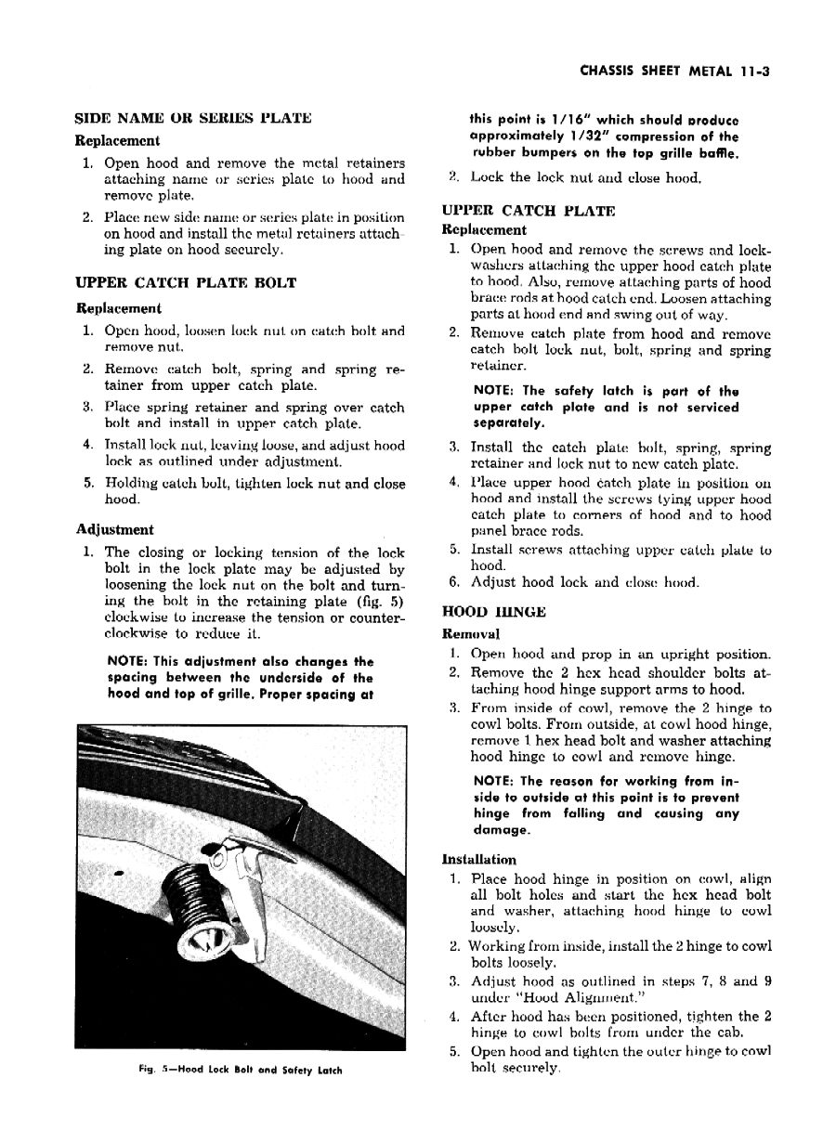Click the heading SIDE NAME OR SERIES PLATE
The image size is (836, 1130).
tap(192, 119)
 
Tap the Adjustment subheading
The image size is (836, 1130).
tap(114, 530)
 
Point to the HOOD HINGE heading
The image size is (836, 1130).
tap(492, 613)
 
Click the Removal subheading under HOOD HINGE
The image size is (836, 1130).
tap(471, 634)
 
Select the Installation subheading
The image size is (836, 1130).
tap(479, 860)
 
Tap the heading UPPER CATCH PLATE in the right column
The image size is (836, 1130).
tap(528, 212)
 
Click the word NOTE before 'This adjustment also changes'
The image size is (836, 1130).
tap(129, 662)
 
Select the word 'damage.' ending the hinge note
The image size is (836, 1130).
tap(500, 830)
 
